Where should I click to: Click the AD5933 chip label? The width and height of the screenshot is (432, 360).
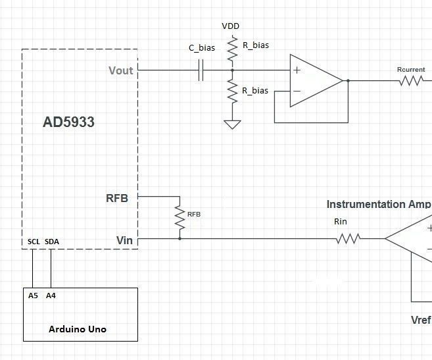[68, 122]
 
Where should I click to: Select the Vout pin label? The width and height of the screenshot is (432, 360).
[120, 70]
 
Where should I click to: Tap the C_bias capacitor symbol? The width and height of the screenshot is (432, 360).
[201, 70]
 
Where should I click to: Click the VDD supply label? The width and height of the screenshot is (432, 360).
[231, 26]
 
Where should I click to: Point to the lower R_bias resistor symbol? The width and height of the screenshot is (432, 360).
[231, 90]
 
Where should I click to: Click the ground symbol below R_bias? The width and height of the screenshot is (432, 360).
[231, 124]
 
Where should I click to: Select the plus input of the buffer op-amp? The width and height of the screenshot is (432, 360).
[297, 70]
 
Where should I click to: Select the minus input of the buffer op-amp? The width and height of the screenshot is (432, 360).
[297, 91]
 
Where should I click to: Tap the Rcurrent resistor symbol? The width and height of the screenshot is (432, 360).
[411, 81]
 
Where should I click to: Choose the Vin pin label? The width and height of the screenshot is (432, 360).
[124, 240]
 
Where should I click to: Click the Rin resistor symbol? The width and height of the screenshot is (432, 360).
[348, 239]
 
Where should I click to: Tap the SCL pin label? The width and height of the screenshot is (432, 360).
[34, 242]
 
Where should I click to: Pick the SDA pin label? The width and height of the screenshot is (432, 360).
[51, 242]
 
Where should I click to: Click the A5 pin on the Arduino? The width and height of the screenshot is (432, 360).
[33, 296]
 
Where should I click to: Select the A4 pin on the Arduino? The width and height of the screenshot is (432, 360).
[51, 296]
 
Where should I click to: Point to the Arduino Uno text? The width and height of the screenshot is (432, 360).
[78, 329]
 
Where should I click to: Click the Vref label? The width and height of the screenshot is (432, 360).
[420, 321]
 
